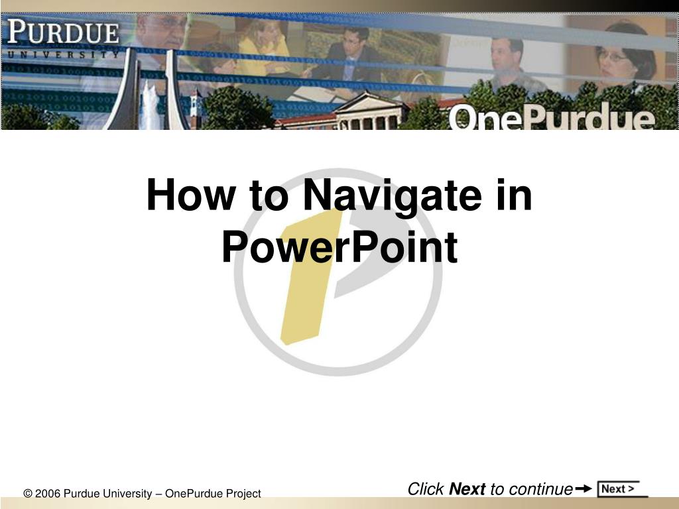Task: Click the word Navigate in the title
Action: coord(393,196)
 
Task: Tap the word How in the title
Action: coord(191,195)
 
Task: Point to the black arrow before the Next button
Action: coord(584,488)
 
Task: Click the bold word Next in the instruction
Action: coord(467,488)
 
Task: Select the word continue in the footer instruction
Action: coord(541,489)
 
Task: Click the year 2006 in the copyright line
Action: coord(48,493)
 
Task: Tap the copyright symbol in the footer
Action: coord(28,493)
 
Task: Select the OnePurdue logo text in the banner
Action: coord(551,116)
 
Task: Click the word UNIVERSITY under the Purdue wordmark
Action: coord(63,54)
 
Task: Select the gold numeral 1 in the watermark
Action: coord(310,277)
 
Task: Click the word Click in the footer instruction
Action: coord(426,488)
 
